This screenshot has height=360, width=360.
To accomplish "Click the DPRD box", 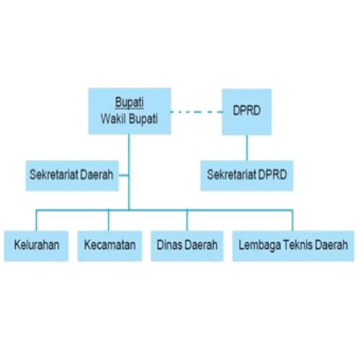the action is (247, 112).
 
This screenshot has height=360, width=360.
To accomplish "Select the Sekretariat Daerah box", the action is (72, 176).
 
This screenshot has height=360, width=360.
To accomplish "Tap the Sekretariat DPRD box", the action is (247, 176).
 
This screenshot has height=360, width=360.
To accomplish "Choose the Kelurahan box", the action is (36, 246).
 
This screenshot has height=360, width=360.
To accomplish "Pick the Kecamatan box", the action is (109, 246).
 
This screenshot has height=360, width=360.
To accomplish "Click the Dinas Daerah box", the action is (187, 246).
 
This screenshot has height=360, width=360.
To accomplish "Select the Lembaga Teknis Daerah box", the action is (293, 246).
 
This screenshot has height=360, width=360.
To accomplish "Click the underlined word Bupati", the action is (130, 103).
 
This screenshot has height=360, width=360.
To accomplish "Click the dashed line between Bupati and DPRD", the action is (197, 112).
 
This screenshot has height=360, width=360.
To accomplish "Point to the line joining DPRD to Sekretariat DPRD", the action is (247, 148).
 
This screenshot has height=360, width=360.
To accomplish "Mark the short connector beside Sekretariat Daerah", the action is (124, 176).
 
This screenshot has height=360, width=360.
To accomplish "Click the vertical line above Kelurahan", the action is (36, 220).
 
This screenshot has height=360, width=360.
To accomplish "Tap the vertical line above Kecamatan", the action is (109, 220).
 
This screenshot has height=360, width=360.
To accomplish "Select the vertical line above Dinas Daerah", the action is (187, 220).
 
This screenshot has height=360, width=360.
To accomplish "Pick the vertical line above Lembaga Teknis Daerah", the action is (292, 220).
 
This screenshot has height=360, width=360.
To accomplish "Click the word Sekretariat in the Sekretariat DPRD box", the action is (228, 174).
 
